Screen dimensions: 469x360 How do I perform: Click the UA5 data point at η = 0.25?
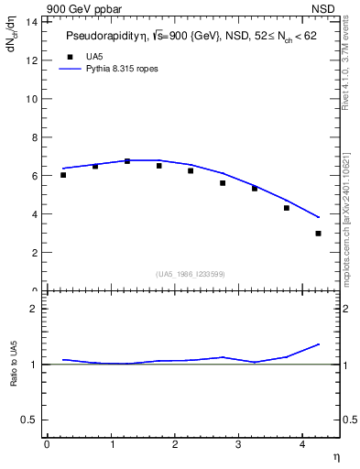coord(63,175)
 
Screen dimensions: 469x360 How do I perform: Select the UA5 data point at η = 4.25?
coord(318,234)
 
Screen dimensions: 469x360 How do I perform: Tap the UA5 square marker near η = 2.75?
coord(223,183)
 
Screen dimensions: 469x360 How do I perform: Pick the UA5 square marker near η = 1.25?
coord(127,161)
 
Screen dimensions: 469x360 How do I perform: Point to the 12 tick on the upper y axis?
coord(34,60)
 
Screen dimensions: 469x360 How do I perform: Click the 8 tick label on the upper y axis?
coord(36,137)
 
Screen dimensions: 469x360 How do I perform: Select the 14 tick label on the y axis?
coord(34,22)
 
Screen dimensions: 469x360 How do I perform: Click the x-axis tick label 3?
coord(238,444)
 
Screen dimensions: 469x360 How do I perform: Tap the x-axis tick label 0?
coord(47,444)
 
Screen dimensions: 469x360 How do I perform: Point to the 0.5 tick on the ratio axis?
coord(31,420)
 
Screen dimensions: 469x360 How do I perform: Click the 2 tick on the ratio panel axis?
coord(36,309)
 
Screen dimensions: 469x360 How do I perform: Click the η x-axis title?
coord(335,455)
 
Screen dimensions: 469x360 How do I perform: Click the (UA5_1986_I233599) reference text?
coord(191,273)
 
